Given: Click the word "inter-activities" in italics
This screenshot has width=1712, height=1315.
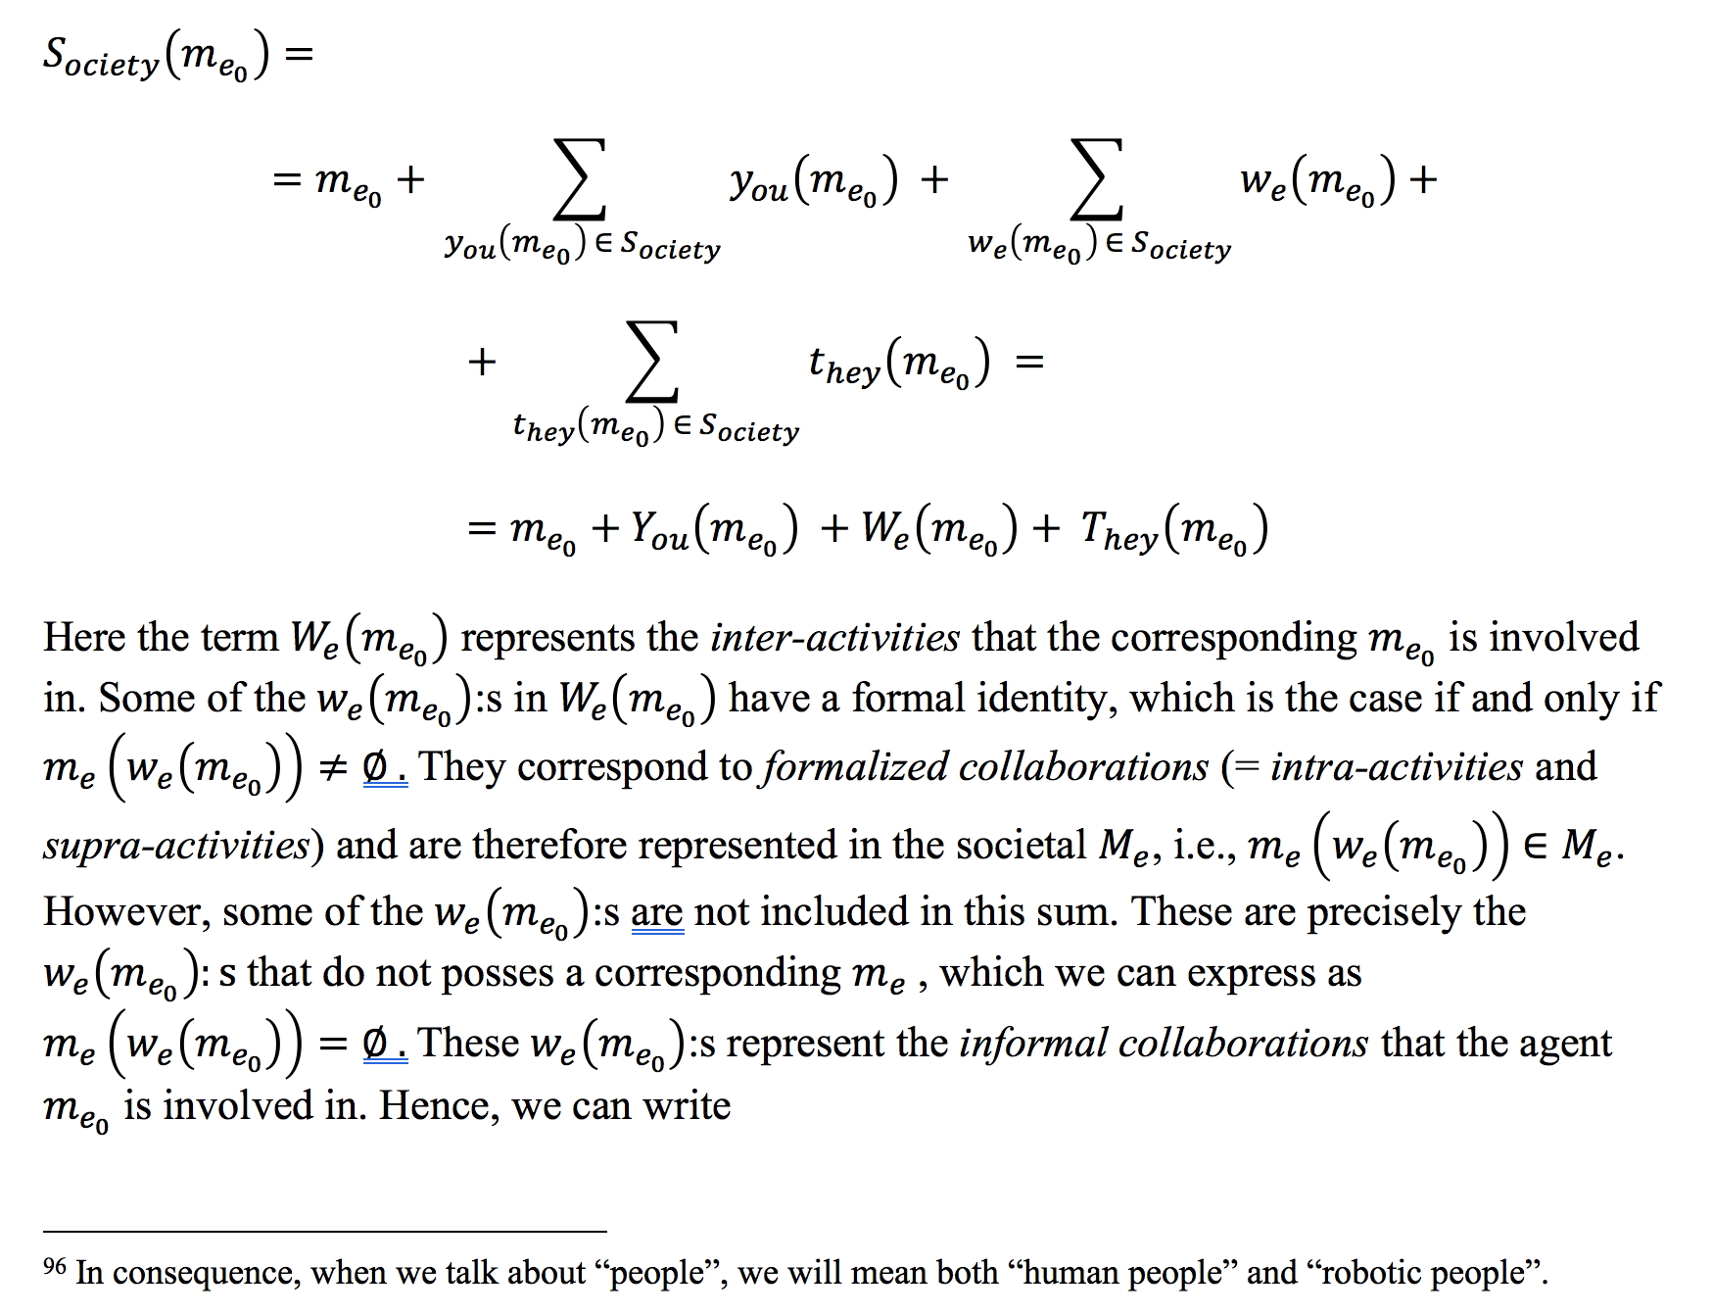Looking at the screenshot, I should coord(834,638).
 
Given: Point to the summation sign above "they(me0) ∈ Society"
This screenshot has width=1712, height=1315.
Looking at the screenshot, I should coord(652,362).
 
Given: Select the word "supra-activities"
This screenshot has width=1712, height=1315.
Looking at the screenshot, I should coord(176,845).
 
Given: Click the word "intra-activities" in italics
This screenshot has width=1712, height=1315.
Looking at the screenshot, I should coord(1396,767).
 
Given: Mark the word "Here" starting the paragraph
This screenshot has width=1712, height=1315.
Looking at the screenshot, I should coord(84,638).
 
